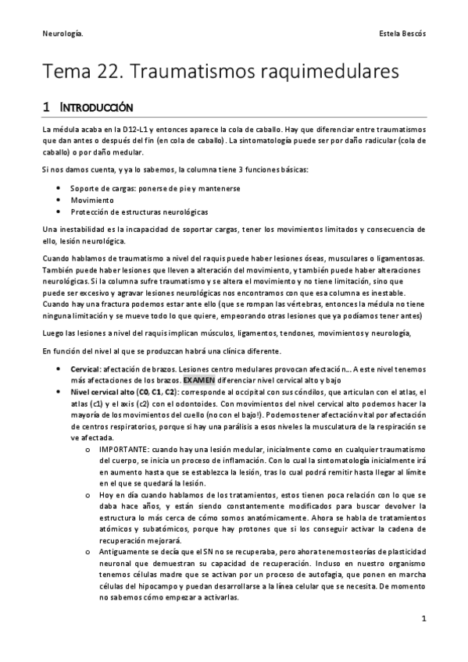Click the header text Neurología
click(x=63, y=34)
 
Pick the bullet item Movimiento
click(x=91, y=200)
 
